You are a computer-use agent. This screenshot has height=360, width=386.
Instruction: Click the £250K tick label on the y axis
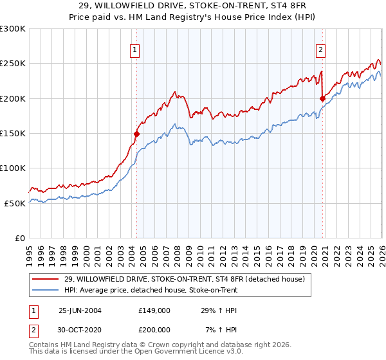(12, 64)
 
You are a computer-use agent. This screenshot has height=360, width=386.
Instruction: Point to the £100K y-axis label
(12, 168)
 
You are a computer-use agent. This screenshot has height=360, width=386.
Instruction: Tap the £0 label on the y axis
(19, 238)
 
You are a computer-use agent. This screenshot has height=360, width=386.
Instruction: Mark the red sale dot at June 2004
(136, 134)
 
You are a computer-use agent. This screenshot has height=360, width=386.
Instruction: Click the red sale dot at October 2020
(322, 98)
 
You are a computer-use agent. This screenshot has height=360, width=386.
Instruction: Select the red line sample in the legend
(46, 279)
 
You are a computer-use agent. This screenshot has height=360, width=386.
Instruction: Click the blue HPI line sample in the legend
(46, 290)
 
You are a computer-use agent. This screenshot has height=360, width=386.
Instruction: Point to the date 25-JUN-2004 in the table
(80, 310)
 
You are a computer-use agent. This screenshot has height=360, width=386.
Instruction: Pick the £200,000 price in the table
(154, 329)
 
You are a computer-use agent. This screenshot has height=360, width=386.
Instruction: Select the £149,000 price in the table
(154, 310)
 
